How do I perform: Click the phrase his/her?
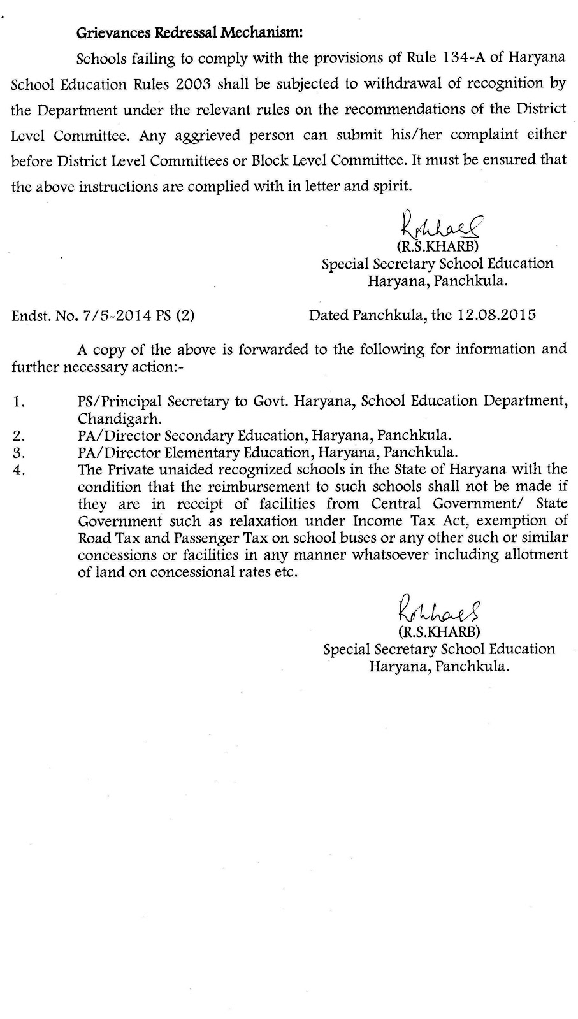(405, 135)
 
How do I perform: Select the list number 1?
(18, 402)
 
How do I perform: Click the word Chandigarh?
(120, 418)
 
